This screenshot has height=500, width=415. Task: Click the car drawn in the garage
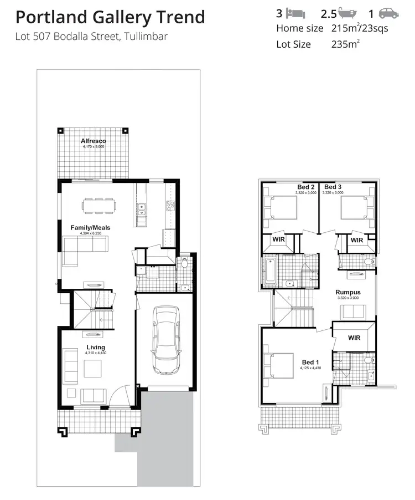coord(164,339)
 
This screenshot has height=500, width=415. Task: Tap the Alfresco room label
coord(93,141)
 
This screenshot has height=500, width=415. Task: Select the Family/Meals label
coord(90,228)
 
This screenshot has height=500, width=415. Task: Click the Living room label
coord(95,348)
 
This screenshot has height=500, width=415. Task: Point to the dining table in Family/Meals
coord(100,206)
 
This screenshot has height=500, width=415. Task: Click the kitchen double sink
coord(142,209)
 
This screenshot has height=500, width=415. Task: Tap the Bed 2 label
coord(306,187)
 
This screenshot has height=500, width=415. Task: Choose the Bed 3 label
coord(333,187)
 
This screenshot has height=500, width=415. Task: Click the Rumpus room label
coord(348,292)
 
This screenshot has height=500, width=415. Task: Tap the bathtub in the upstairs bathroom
coord(270,270)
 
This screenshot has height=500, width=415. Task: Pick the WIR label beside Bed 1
coord(355,337)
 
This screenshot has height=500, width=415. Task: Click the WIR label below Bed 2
coord(279,240)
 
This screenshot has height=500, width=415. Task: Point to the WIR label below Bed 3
coord(357,240)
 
